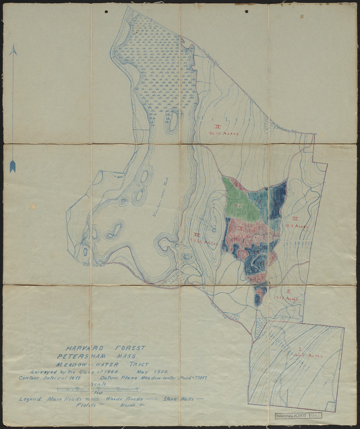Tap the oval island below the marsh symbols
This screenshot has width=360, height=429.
click(172, 121)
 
